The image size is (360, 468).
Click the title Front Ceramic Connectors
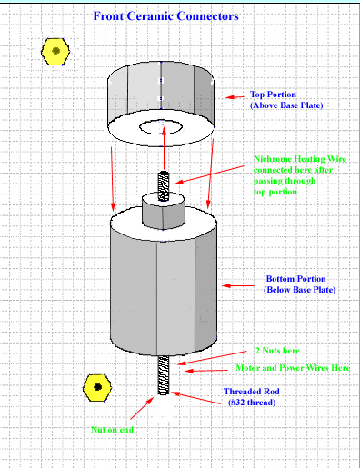(165, 16)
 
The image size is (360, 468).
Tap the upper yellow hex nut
(55, 52)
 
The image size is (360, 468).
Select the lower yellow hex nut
(97, 388)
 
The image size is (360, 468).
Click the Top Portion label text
(286, 100)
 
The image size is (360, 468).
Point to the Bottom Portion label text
(299, 284)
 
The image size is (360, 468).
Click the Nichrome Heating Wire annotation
(300, 175)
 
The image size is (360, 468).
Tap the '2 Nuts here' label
(277, 351)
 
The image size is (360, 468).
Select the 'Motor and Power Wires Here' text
(293, 368)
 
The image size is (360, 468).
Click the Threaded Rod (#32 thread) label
(252, 397)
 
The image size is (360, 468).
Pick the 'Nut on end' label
(113, 430)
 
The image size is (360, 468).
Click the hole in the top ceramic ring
(161, 127)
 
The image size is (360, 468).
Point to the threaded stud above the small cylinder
(164, 186)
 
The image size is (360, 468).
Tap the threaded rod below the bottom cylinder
(164, 375)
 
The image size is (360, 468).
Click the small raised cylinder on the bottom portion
(164, 211)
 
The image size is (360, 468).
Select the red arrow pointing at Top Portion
(235, 97)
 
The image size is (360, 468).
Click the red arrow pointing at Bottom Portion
(238, 285)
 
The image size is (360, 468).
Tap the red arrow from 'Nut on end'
(142, 408)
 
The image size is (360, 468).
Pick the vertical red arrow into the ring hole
(164, 148)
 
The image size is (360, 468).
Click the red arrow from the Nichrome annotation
(209, 174)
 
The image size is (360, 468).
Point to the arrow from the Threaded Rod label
(195, 398)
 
